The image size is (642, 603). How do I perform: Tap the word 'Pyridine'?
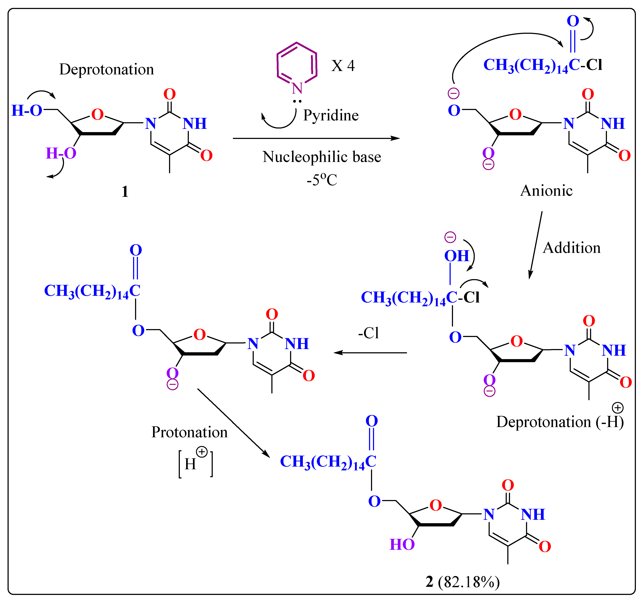tap(331, 115)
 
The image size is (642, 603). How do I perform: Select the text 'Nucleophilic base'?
tap(322, 157)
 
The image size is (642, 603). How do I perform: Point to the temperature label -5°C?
tap(322, 180)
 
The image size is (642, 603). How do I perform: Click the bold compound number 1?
tap(125, 192)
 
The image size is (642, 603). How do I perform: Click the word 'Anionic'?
tap(546, 191)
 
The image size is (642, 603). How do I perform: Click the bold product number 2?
tap(429, 582)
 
